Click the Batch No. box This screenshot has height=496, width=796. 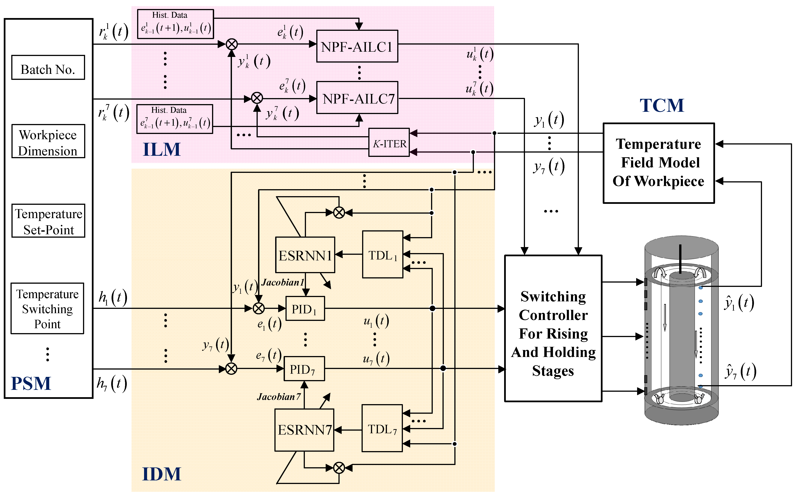[48, 67]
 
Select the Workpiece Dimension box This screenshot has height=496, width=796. [48, 141]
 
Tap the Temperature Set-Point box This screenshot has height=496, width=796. [48, 220]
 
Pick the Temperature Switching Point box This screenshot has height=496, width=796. [48, 308]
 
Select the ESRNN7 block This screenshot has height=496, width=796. [304, 430]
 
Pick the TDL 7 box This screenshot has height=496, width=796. [382, 428]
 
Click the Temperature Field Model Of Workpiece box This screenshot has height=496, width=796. [659, 163]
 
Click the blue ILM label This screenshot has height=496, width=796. [162, 150]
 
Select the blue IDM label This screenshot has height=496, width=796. [162, 474]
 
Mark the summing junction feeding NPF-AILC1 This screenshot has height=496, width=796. [232, 44]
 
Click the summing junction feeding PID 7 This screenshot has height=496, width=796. [231, 369]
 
